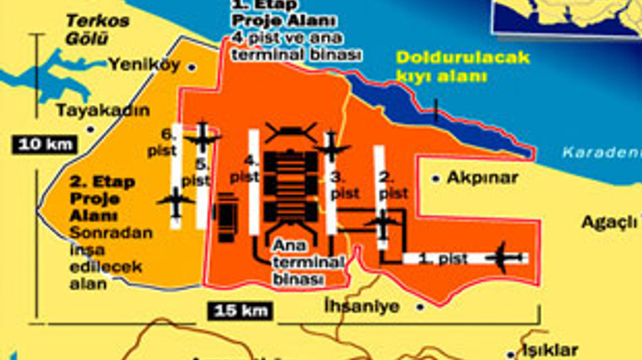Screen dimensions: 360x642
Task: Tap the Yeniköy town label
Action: (144, 64)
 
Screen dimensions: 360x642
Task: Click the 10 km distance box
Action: (44, 144)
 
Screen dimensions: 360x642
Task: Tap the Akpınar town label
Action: (482, 178)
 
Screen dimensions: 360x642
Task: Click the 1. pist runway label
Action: (435, 258)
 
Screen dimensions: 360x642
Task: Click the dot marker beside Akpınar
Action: (435, 178)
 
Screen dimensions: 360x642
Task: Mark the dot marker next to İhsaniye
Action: (420, 306)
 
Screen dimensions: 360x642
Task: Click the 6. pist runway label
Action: (165, 140)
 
